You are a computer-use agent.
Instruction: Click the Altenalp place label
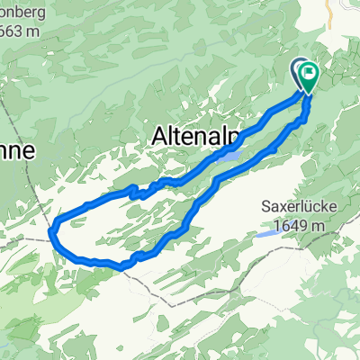[x=195, y=138]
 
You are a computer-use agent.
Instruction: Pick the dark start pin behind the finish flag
[x=299, y=68]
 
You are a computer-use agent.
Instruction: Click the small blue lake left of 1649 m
[x=265, y=233]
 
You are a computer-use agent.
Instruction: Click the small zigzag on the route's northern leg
[x=137, y=192]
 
